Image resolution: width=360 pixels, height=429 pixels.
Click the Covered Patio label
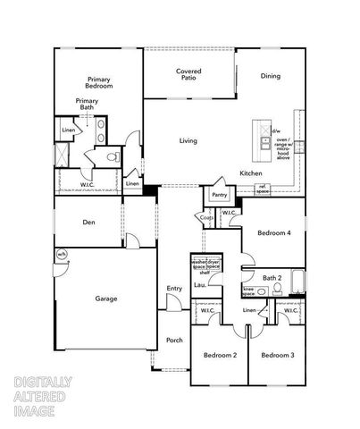click(x=188, y=74)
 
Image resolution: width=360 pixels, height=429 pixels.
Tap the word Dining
click(x=271, y=76)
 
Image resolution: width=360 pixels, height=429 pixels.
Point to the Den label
click(x=89, y=222)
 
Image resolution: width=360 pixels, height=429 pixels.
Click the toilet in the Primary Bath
click(x=113, y=158)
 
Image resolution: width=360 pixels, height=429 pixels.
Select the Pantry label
click(x=219, y=195)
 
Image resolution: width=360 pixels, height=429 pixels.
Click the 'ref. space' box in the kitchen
click(x=263, y=189)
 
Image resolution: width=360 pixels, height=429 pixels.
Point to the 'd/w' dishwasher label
click(x=276, y=130)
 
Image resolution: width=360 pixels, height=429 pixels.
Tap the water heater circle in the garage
click(x=62, y=256)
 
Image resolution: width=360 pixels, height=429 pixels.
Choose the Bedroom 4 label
click(x=274, y=232)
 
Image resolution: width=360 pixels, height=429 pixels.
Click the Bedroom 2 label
click(x=220, y=356)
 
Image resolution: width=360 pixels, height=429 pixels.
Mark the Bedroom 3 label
click(x=278, y=356)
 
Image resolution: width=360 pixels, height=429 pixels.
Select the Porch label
click(x=174, y=340)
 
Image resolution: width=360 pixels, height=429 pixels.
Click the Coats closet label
click(x=206, y=217)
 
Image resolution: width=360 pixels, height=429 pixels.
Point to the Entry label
click(x=174, y=288)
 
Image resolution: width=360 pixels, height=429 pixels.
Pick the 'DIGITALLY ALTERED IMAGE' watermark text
click(x=44, y=397)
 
